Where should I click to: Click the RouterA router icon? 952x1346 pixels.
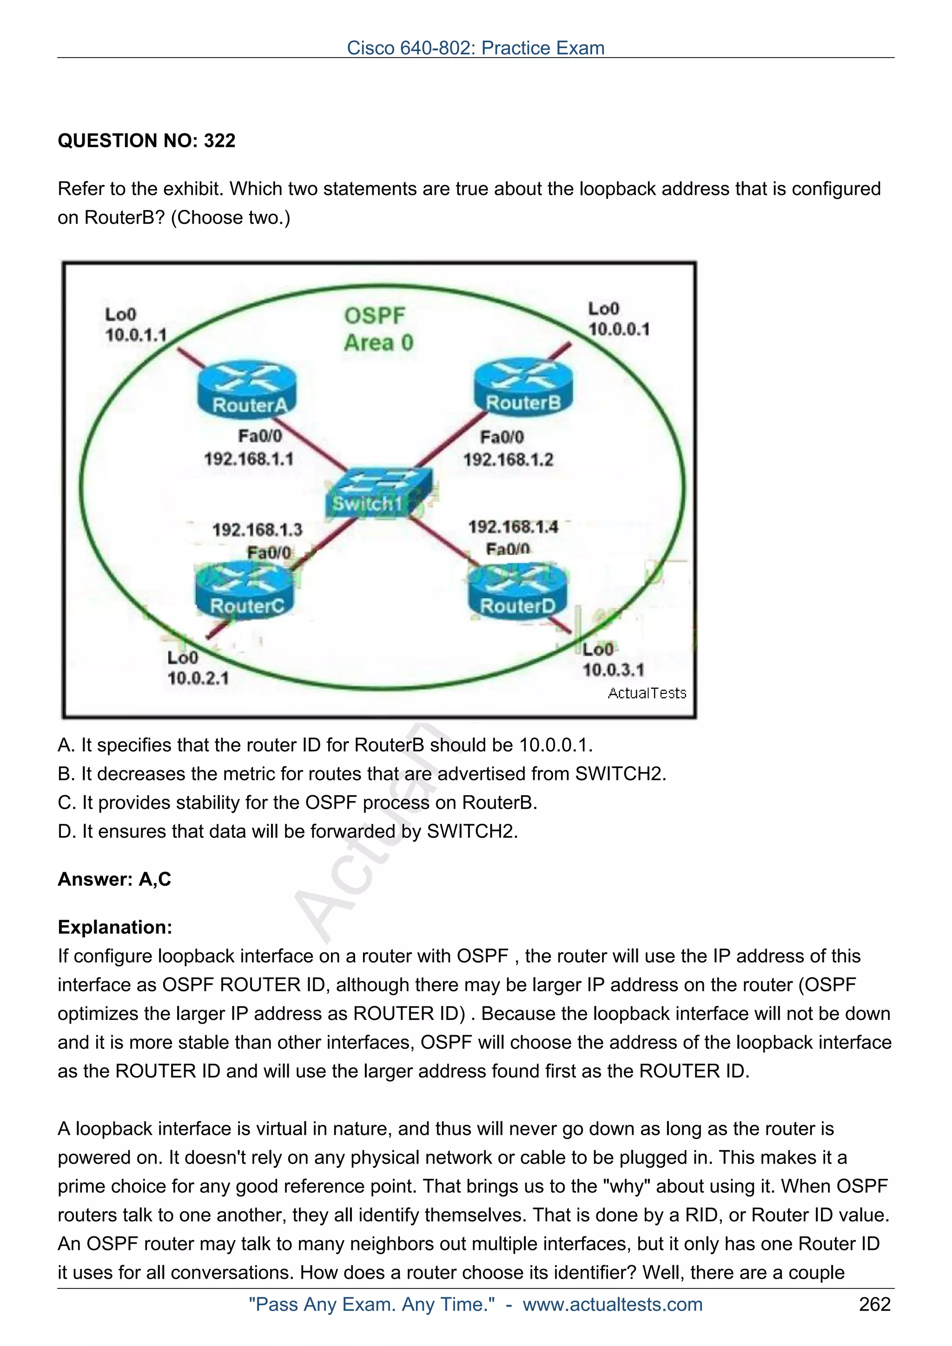[246, 389]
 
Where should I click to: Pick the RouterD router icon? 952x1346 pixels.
[517, 591]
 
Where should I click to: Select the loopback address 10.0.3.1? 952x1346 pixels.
[613, 669]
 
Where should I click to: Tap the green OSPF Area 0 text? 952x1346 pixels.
[378, 329]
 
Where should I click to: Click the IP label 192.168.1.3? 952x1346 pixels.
[257, 530]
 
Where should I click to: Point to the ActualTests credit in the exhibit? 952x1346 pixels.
[647, 693]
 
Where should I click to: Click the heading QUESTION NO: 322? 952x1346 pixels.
[146, 141]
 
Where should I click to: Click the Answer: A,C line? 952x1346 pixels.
[114, 879]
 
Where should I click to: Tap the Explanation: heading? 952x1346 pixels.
[115, 927]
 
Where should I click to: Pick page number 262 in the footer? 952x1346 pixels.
[874, 1304]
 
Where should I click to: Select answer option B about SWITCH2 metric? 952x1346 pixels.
[362, 773]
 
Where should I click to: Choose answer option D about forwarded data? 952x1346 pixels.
[287, 831]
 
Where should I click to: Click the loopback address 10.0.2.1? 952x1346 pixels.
[198, 678]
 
